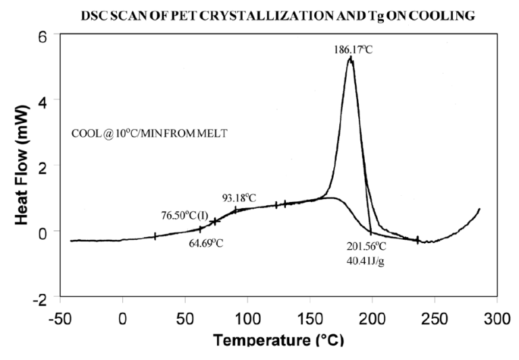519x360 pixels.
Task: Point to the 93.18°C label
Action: click(239, 198)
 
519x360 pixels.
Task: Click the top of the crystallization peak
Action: click(350, 58)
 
